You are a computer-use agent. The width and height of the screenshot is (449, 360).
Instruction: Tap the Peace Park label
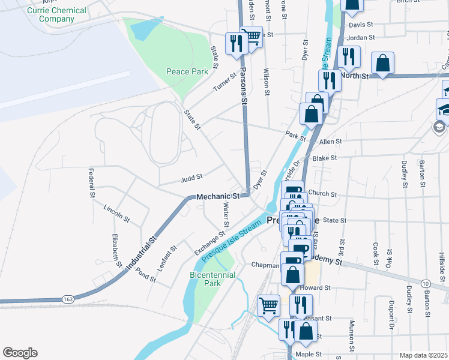pos(187,71)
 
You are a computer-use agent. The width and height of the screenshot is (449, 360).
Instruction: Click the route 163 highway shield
pos(68,299)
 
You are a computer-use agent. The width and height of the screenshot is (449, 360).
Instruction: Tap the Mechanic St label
pos(218,196)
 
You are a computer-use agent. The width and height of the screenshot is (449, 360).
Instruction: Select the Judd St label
pos(191,178)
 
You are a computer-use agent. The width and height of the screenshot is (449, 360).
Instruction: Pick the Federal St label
pos(92,183)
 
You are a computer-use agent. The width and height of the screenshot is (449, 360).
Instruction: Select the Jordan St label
pos(361,38)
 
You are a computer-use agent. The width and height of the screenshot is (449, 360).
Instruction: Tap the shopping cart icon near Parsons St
pos(252,36)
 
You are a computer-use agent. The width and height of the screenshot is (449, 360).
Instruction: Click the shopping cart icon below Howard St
pos(268,305)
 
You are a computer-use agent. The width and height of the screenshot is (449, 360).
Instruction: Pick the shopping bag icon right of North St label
pos(383,63)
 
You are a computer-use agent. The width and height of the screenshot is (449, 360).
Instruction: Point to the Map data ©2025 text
pos(423,355)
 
